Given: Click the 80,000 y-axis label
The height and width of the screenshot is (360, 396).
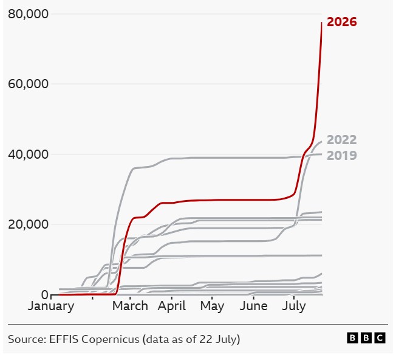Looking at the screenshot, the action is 28,14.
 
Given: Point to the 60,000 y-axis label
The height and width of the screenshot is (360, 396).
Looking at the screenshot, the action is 28,84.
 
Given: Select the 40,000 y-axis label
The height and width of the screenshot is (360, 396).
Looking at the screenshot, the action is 28,154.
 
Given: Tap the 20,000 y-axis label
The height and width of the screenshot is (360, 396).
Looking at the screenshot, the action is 28,224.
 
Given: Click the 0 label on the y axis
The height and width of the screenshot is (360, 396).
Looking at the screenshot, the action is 45,294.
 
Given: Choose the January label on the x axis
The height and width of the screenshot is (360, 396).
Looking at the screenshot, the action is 51,306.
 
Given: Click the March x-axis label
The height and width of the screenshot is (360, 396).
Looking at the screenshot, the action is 130,306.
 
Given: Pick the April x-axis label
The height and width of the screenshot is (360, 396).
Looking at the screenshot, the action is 172,306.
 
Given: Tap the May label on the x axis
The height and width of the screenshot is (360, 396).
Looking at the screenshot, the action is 212,306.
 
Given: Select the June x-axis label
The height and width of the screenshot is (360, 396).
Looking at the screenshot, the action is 253,306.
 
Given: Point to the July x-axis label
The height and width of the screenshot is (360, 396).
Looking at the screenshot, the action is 294,306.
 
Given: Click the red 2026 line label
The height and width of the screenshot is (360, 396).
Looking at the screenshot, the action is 342,22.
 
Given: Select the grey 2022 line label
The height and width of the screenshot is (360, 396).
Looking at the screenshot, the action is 342,140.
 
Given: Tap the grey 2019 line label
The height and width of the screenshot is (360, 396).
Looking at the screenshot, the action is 342,156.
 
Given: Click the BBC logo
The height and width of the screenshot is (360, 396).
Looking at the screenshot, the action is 366,338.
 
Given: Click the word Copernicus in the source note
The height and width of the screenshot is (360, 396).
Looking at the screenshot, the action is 111,339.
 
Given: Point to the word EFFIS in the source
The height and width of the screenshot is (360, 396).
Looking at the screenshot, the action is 64,339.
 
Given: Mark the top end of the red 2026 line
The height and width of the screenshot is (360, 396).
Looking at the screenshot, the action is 321,22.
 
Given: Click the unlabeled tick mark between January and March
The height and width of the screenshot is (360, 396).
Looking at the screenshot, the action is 92,298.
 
